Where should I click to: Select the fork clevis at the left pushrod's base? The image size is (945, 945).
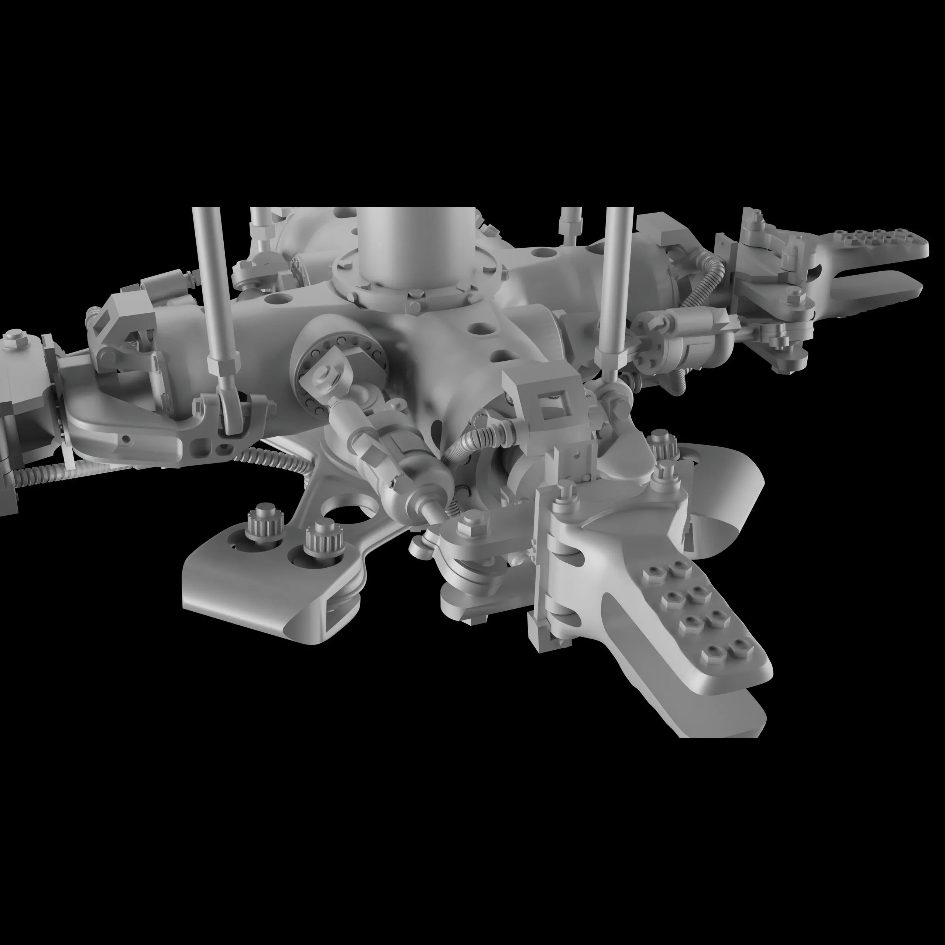click(x=230, y=416)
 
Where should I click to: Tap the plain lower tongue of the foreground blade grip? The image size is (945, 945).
click(x=734, y=714)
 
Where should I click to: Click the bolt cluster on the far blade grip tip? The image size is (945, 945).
click(x=876, y=238)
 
